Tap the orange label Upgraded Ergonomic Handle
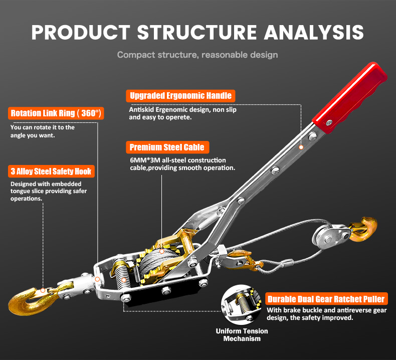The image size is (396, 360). click(x=180, y=95)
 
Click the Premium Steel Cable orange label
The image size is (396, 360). click(x=167, y=147)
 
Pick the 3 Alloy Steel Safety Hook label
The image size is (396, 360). click(x=51, y=171)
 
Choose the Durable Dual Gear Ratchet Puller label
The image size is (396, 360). click(x=326, y=299)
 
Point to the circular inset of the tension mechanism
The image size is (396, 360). click(x=242, y=304)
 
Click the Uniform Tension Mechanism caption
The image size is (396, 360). click(x=242, y=335)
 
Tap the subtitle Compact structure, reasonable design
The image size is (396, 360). click(x=197, y=54)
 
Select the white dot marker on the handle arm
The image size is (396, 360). click(x=302, y=147)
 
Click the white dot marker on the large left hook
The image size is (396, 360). click(x=44, y=290)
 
